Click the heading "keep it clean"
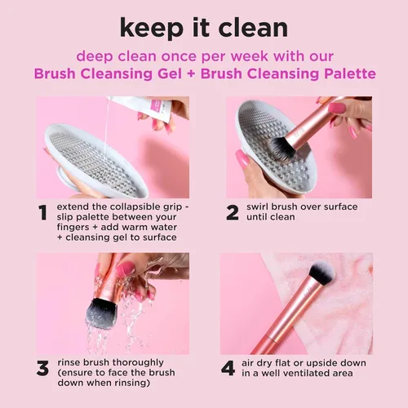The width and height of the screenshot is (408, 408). [x=204, y=27]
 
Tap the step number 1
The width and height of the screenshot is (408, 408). [x=42, y=215]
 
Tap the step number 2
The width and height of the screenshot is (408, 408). [x=233, y=213]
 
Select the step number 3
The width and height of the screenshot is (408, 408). [x=42, y=368]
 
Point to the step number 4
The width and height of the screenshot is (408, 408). [x=229, y=368]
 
